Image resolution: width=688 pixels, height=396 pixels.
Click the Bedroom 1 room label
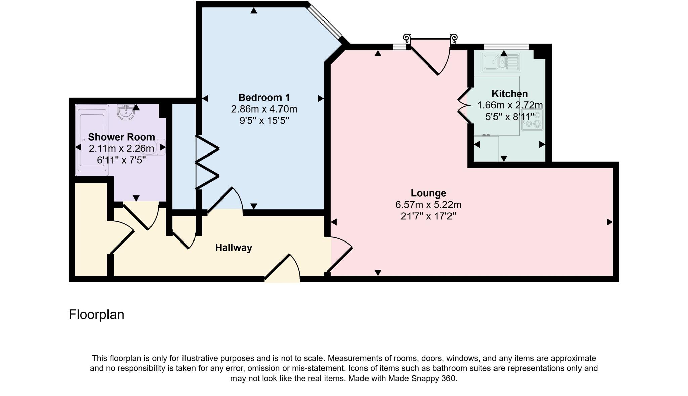tap(264, 98)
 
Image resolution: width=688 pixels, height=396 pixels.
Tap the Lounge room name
tap(428, 193)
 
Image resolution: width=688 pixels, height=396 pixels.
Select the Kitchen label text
tap(510, 94)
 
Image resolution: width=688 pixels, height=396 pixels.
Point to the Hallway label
tap(233, 248)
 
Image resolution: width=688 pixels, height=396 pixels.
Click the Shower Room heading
tap(121, 137)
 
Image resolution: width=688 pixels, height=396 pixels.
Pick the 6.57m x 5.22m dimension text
tap(428, 205)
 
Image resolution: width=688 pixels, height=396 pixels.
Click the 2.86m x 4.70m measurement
tap(264, 109)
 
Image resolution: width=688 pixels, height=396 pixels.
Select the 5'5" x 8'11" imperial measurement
tap(510, 117)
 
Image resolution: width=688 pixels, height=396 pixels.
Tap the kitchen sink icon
tap(501, 62)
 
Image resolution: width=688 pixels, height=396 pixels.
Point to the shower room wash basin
tap(126, 112)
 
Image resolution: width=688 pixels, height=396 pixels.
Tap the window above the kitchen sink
tap(506, 47)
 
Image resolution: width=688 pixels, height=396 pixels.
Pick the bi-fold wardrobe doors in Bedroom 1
tap(207, 162)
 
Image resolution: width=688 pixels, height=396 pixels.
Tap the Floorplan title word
tap(96, 315)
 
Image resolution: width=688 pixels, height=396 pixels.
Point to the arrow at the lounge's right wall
tap(609, 222)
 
